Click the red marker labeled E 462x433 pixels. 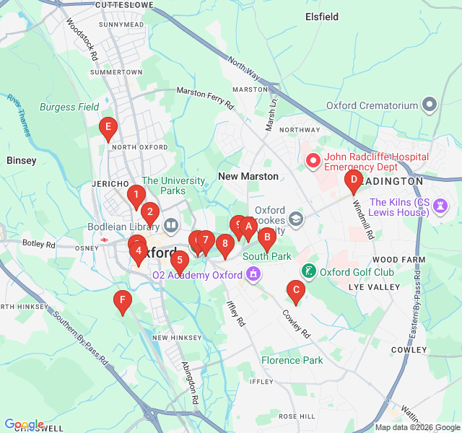pyautogui.click(x=108, y=130)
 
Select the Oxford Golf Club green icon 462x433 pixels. pyautogui.click(x=309, y=271)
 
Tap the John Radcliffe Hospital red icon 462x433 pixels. pyautogui.click(x=313, y=161)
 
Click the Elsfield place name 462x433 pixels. pyautogui.click(x=323, y=15)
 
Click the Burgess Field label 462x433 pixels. pyautogui.click(x=69, y=108)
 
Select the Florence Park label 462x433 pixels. pyautogui.click(x=292, y=360)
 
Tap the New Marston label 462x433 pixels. pyautogui.click(x=248, y=177)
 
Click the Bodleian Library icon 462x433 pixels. pyautogui.click(x=171, y=226)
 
